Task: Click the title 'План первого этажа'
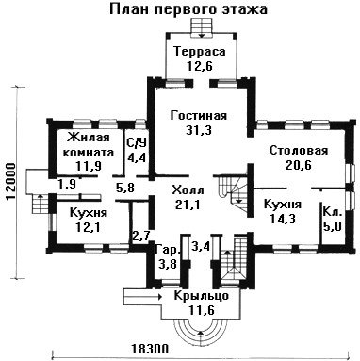[188, 9]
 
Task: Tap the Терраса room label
[200, 51]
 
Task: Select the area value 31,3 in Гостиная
[199, 130]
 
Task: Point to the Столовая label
[299, 151]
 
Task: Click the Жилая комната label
[89, 145]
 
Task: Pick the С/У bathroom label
[137, 143]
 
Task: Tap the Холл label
[188, 190]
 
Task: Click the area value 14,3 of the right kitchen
[283, 219]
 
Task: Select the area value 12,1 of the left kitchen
[88, 226]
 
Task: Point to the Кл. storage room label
[333, 212]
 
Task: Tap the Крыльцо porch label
[201, 296]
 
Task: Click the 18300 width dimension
[150, 349]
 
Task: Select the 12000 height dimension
[11, 182]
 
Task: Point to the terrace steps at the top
[201, 28]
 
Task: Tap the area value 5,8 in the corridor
[125, 189]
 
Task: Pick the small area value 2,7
[141, 235]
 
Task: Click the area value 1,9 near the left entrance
[67, 184]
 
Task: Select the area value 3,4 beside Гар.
[201, 246]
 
